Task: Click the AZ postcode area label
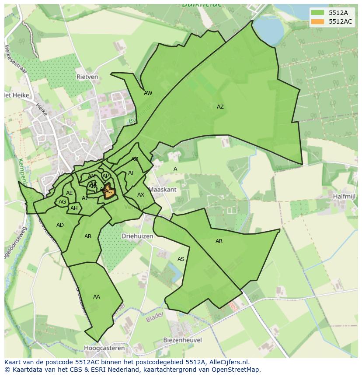coord(220,107)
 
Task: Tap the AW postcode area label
coord(148,93)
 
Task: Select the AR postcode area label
coord(219,241)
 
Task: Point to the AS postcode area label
coord(181,259)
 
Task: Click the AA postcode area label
coord(96,297)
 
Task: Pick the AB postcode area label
coord(88,236)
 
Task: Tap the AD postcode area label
coord(60,225)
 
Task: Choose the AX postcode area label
coord(141,195)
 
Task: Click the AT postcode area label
coord(131,173)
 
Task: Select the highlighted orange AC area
coord(109,192)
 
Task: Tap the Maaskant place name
coord(163,190)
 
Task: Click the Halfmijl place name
coord(343,197)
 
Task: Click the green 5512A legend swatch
coord(317,12)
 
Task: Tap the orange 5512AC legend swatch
coord(317,21)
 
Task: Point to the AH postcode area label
coord(74,208)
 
